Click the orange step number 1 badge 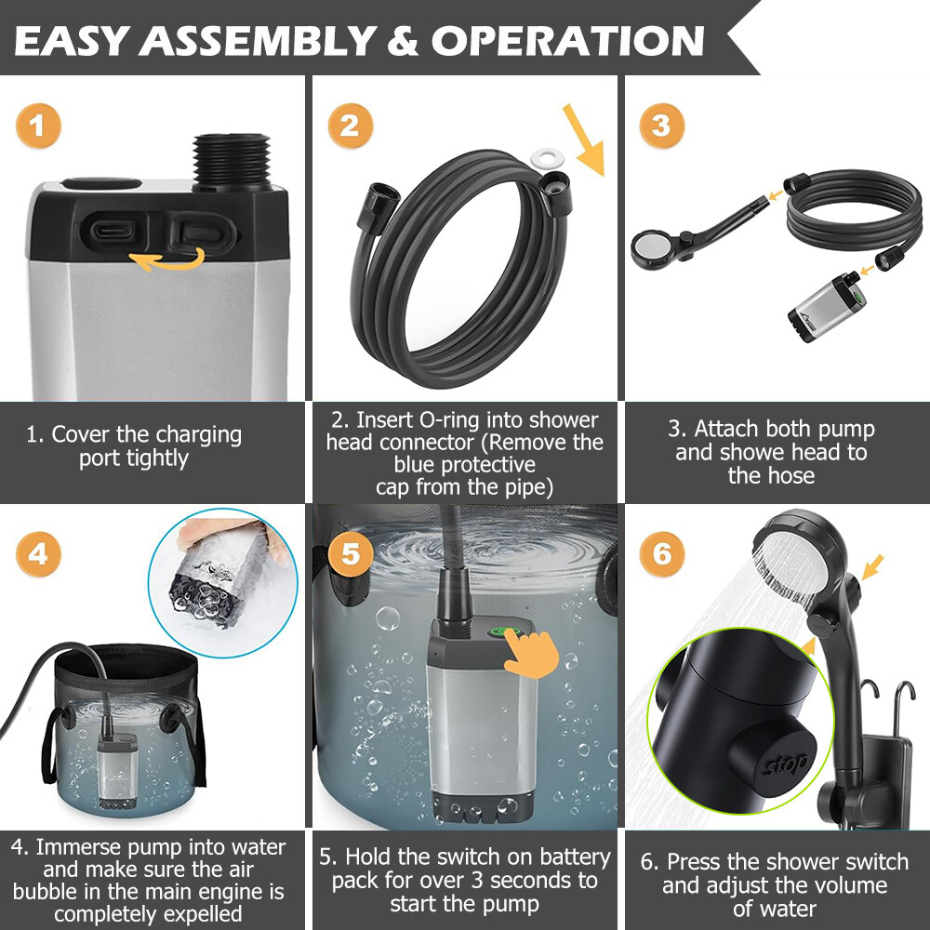(x=37, y=126)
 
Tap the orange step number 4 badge (x=37, y=555)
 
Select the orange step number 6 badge (x=661, y=555)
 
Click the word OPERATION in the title (x=567, y=40)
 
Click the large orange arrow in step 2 (x=583, y=139)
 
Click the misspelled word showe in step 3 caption (x=738, y=453)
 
